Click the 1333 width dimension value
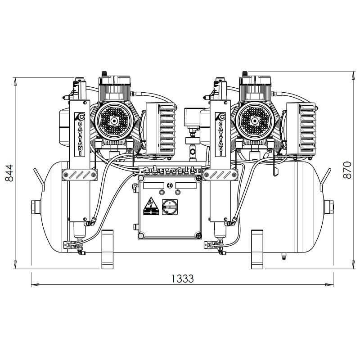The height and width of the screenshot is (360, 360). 182,279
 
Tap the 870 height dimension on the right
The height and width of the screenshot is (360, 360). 347,170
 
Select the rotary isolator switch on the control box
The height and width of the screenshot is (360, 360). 170,208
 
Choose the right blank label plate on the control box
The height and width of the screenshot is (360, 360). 186,185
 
